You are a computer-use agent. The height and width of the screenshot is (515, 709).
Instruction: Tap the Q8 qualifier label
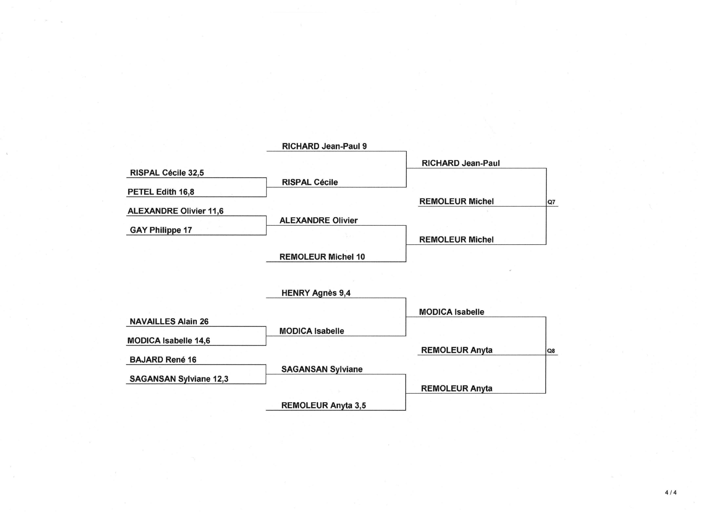(x=551, y=351)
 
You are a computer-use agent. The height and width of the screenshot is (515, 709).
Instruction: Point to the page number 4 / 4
(x=671, y=493)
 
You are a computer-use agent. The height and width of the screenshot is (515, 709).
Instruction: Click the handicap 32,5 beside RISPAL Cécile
(x=196, y=173)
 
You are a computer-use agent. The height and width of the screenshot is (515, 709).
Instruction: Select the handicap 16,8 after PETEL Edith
(x=186, y=192)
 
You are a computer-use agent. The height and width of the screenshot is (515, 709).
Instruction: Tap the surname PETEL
(x=141, y=192)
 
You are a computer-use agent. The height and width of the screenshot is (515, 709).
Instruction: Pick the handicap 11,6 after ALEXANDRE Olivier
(x=216, y=211)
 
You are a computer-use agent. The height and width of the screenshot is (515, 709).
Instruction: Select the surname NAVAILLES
(x=153, y=321)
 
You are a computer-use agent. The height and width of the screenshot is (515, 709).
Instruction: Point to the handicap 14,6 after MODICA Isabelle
(x=202, y=341)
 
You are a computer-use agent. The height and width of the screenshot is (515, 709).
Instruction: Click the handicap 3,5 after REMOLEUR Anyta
(x=360, y=405)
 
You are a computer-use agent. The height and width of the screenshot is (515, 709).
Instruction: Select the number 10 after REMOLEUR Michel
(x=360, y=257)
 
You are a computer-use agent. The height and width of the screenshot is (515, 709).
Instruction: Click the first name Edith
(x=166, y=192)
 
